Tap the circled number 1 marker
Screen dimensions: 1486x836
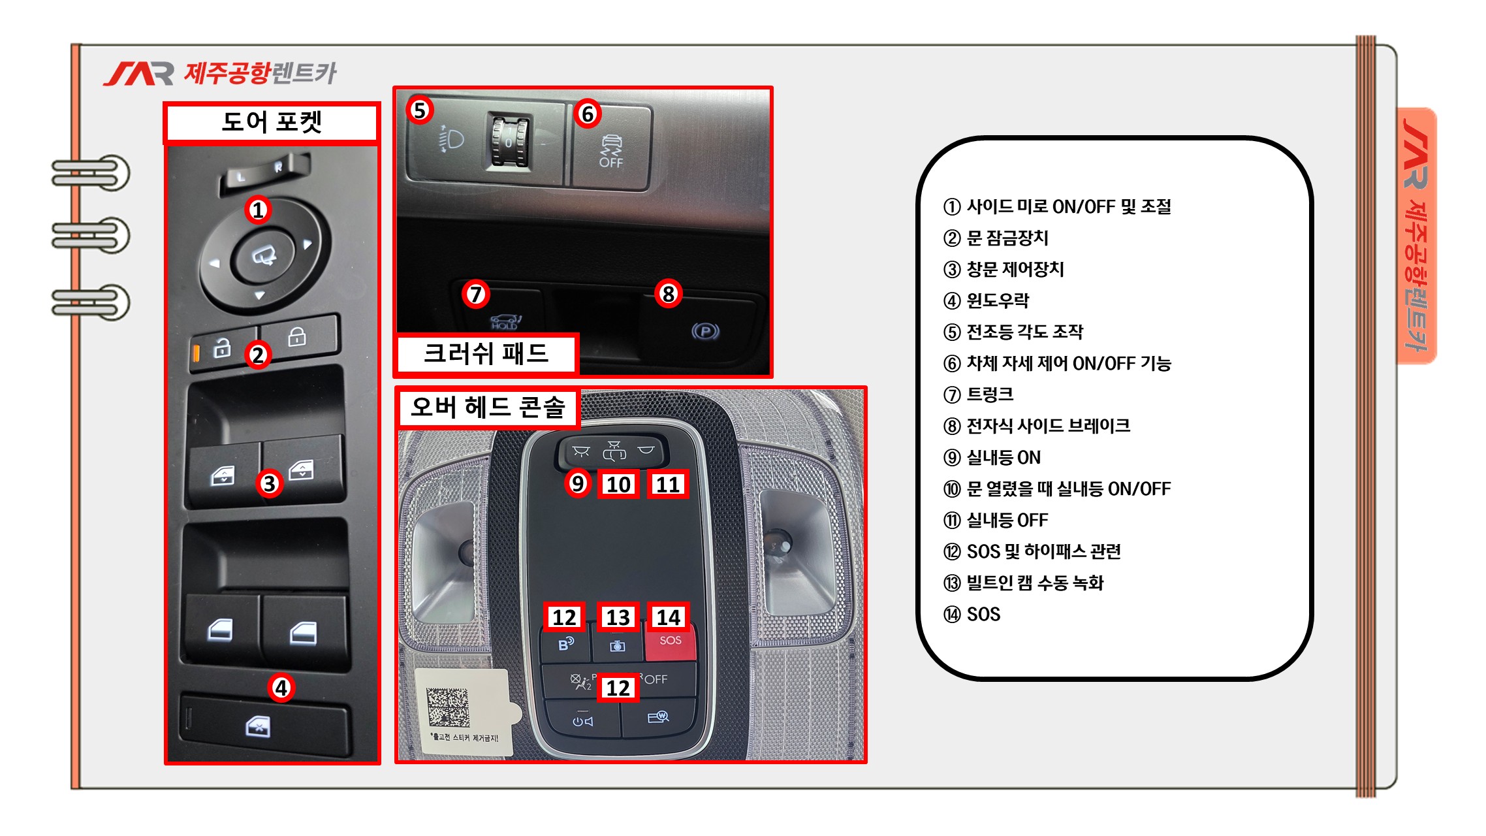pos(259,210)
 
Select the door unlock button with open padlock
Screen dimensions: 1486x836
pos(223,349)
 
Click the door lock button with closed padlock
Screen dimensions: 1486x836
pos(299,336)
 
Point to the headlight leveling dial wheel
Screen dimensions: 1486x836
pos(509,142)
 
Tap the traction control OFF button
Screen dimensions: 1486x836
pos(612,149)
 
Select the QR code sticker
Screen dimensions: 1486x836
pos(448,707)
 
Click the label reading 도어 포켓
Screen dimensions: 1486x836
pos(272,122)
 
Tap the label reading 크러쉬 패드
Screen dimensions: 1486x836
pos(486,353)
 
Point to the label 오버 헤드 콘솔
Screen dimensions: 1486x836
pos(488,408)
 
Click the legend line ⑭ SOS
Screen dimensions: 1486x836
pos(972,614)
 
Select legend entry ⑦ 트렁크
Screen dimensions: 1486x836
pos(978,394)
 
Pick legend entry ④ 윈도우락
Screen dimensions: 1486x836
pos(986,300)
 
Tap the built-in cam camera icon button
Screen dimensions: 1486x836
pos(618,645)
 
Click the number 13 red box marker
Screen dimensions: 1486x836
pos(618,617)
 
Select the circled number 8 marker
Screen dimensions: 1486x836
pos(668,294)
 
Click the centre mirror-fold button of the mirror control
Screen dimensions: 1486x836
pos(265,255)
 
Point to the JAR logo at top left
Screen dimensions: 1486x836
pos(139,73)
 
